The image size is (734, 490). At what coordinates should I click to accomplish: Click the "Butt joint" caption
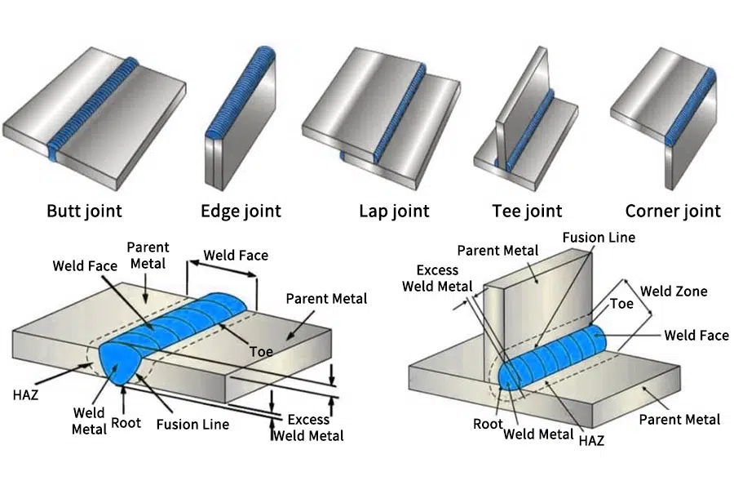84,211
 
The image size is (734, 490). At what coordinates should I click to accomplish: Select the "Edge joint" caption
241,212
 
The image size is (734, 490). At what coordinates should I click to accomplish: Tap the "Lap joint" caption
394,212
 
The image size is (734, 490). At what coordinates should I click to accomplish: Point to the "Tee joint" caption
527,212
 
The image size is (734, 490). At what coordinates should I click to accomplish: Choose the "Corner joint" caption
673,211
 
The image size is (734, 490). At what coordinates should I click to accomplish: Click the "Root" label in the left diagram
126,423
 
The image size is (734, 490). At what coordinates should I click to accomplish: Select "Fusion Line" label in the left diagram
192,424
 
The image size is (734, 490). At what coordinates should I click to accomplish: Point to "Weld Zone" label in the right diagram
674,292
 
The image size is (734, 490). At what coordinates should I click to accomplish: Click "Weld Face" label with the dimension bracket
236,255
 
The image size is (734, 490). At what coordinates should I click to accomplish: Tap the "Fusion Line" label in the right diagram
599,238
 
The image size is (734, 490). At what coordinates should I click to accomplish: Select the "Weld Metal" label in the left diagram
89,421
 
